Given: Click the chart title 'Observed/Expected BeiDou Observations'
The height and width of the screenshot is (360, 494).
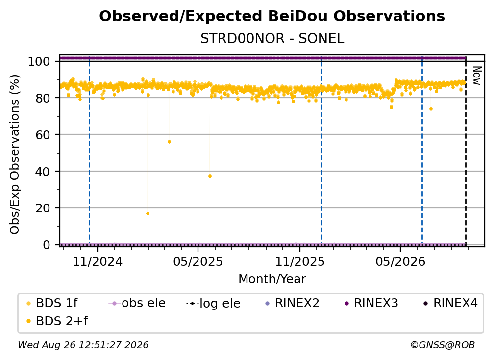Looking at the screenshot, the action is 272,16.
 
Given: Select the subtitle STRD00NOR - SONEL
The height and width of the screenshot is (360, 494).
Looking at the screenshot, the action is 272,39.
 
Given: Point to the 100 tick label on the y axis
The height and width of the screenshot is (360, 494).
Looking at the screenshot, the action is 39,61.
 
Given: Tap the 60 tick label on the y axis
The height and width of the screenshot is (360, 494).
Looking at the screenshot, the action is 43,135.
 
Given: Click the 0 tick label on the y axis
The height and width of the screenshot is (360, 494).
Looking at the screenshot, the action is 47,245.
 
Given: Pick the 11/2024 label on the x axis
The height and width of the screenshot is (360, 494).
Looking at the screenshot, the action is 98,262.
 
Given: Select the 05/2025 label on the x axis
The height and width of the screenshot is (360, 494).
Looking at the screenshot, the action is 198,262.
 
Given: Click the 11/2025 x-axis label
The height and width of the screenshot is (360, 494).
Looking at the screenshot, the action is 300,262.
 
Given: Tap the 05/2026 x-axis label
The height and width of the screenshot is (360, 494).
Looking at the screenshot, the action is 400,262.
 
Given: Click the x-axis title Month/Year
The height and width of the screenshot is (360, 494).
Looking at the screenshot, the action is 272,279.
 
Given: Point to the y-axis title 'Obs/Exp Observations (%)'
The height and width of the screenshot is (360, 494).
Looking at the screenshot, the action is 15,154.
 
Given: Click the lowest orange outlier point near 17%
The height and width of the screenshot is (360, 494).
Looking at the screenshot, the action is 148,214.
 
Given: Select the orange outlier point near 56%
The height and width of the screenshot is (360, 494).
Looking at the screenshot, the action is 169,142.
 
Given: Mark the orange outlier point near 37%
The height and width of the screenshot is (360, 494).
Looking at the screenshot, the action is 210,176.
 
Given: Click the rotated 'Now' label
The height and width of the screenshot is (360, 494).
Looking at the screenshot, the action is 477,76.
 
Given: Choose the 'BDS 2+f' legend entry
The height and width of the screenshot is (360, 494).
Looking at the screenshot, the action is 57,321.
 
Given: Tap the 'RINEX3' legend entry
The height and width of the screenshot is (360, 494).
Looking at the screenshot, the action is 371,303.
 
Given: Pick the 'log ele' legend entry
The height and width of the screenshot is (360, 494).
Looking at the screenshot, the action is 213,303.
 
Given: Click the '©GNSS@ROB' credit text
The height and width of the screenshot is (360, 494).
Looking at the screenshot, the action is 443,345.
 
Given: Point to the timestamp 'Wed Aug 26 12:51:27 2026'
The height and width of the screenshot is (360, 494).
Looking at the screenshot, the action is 83,345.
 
